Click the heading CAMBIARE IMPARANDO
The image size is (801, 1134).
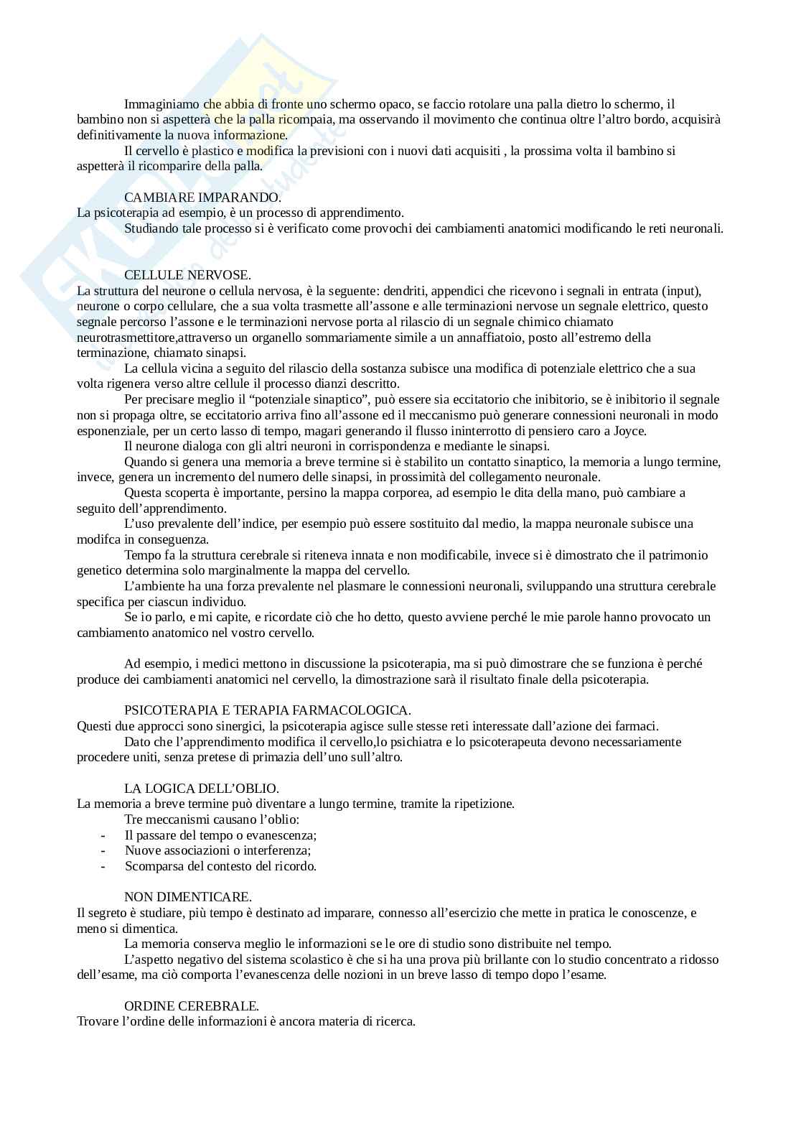pos(202,197)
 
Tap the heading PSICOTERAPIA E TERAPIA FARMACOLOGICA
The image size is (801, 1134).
pos(268,710)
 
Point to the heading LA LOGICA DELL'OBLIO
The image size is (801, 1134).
pos(202,789)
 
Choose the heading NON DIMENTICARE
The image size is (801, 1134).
pos(188,897)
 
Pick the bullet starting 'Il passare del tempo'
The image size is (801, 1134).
pos(220,835)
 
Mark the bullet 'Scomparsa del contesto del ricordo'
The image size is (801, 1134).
pos(220,866)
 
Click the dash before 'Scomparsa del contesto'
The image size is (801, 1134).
pos(104,866)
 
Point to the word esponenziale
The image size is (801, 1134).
pos(111,431)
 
